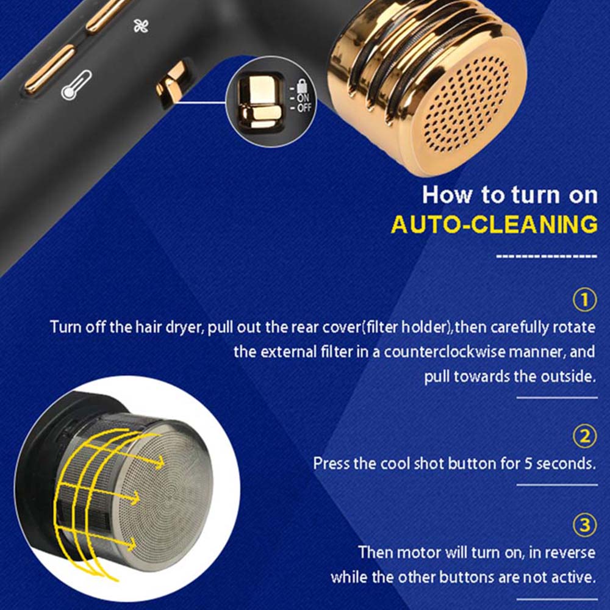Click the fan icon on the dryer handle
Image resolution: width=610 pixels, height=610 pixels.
coord(141,26)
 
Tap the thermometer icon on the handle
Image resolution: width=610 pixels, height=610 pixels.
coord(77,85)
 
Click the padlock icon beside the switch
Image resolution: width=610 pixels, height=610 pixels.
coord(302,86)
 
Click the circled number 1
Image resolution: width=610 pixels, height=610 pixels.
coord(585,300)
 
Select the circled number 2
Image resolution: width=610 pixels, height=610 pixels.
coord(585,437)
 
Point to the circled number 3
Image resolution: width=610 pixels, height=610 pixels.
coord(585,525)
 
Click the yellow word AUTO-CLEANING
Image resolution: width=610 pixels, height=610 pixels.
coord(494,224)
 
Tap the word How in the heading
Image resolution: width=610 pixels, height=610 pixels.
coord(447,194)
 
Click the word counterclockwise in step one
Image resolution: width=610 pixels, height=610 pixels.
coord(445,352)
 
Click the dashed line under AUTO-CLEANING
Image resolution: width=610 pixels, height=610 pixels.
coord(547,256)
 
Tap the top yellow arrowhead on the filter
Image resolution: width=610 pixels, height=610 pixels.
coord(159,462)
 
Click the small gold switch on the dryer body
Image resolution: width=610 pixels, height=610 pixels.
coord(171,84)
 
